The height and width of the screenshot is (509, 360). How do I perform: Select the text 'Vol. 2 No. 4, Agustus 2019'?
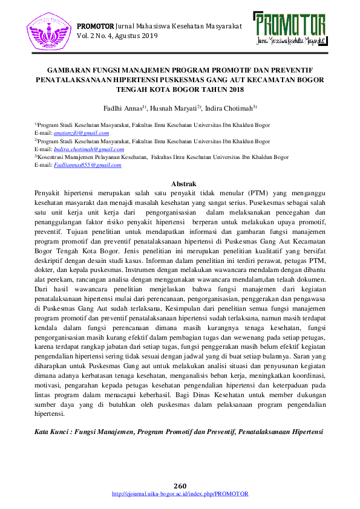coord(117,36)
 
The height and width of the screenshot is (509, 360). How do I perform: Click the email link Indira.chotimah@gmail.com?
coord(88,149)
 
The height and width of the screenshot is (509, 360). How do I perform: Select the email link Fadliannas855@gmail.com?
coord(87,164)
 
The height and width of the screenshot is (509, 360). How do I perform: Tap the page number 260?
coord(180,486)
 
